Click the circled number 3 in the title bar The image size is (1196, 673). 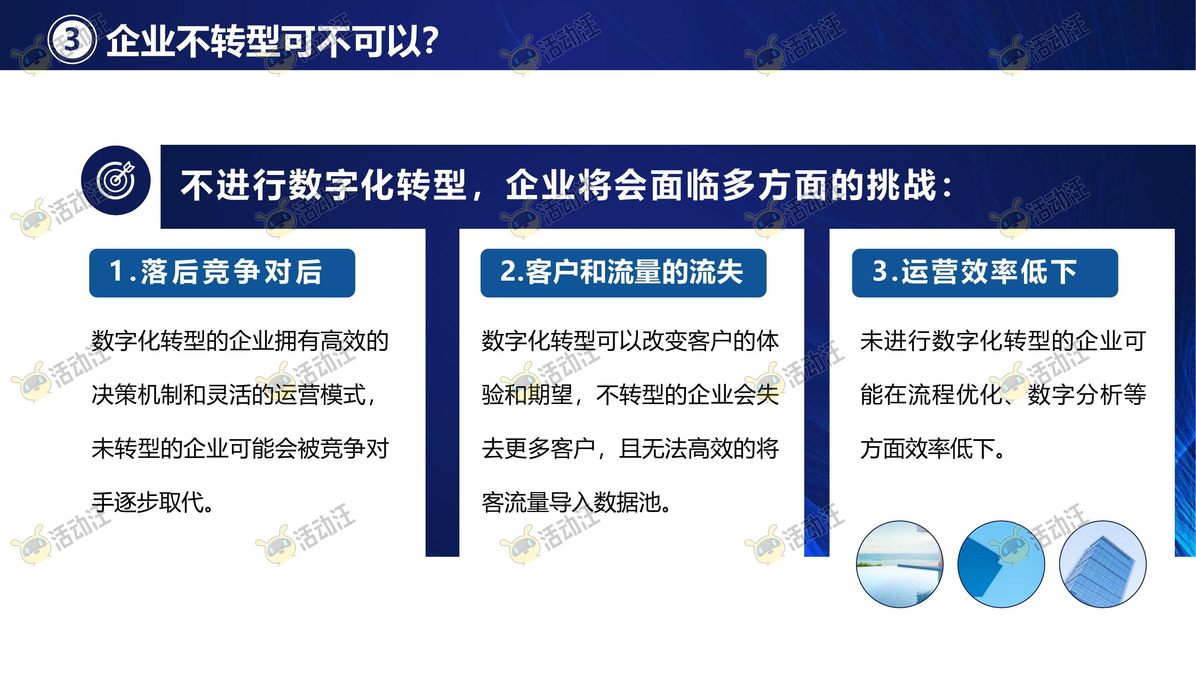[x=72, y=40]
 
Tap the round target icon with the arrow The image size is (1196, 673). [x=116, y=180]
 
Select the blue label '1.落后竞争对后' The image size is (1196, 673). [x=222, y=273]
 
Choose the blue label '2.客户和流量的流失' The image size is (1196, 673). [x=623, y=273]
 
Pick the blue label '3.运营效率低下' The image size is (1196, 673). [x=985, y=273]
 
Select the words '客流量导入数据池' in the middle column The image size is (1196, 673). [x=571, y=502]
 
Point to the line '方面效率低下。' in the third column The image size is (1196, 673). [x=933, y=449]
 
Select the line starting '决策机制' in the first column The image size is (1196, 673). [x=234, y=395]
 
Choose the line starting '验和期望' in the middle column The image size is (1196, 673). [x=630, y=395]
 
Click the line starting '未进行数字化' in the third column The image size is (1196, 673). [x=1003, y=341]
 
